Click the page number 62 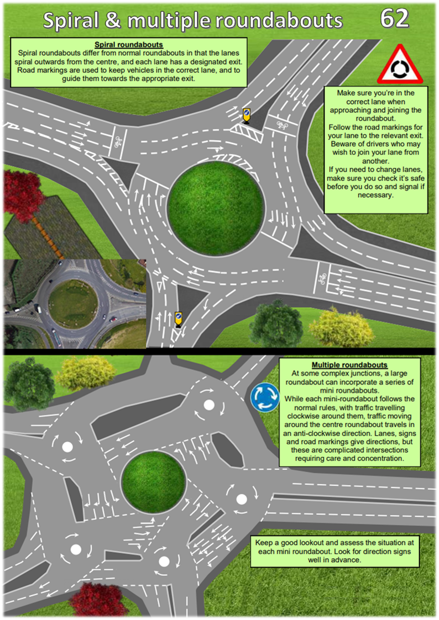coord(394,18)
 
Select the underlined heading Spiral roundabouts coord(129,45)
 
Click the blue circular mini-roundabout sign coord(265,397)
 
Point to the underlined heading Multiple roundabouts coord(349,365)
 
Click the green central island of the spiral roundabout coord(215,208)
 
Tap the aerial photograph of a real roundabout coord(75,304)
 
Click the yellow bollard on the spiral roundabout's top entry coord(247,115)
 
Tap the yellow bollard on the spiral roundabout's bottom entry coord(179,319)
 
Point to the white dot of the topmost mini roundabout coord(209,405)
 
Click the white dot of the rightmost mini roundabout coord(242,499)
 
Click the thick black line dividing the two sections coord(219,352)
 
